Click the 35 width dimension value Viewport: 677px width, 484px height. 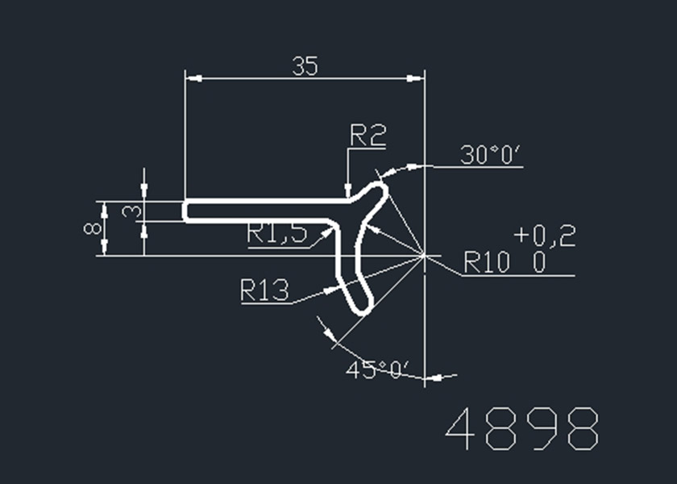305,66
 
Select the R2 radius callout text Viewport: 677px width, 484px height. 368,135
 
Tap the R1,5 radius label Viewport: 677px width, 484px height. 276,233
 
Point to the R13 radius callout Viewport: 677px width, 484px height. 264,290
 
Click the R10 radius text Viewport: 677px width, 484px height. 486,262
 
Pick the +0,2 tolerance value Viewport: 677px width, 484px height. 545,236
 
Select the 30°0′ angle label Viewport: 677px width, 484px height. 491,155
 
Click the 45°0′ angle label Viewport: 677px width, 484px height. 377,369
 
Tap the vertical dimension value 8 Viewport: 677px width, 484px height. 93,227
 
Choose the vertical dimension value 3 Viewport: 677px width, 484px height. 131,211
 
